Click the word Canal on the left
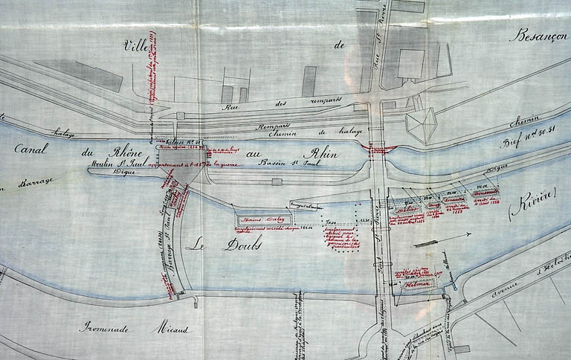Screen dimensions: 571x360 point(31,148)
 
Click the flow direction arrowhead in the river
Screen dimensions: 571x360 point(470,234)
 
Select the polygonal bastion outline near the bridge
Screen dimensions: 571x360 point(420,125)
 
